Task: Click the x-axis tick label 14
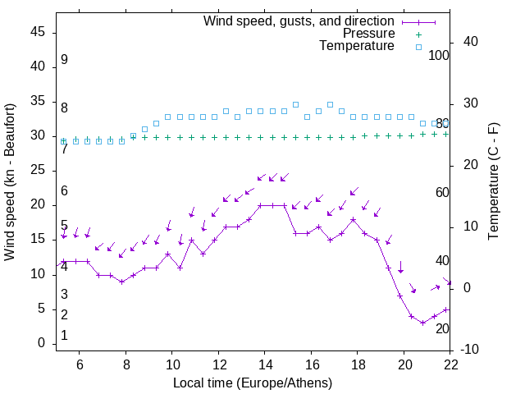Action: pyautogui.click(x=265, y=364)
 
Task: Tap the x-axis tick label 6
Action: pyautogui.click(x=80, y=364)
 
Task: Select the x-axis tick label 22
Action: pyautogui.click(x=450, y=364)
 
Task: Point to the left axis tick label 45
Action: pyautogui.click(x=37, y=32)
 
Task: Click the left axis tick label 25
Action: pyautogui.click(x=37, y=170)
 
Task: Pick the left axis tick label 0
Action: pyautogui.click(x=41, y=343)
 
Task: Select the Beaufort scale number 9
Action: pyautogui.click(x=64, y=60)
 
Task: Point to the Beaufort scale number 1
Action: pyautogui.click(x=64, y=336)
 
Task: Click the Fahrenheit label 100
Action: pyautogui.click(x=439, y=56)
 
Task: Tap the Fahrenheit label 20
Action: pyautogui.click(x=442, y=328)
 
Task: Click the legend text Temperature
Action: pyautogui.click(x=357, y=46)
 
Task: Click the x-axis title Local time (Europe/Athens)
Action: pyautogui.click(x=253, y=383)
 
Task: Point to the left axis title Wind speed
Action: pyautogui.click(x=10, y=182)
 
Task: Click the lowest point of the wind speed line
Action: pyautogui.click(x=422, y=323)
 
